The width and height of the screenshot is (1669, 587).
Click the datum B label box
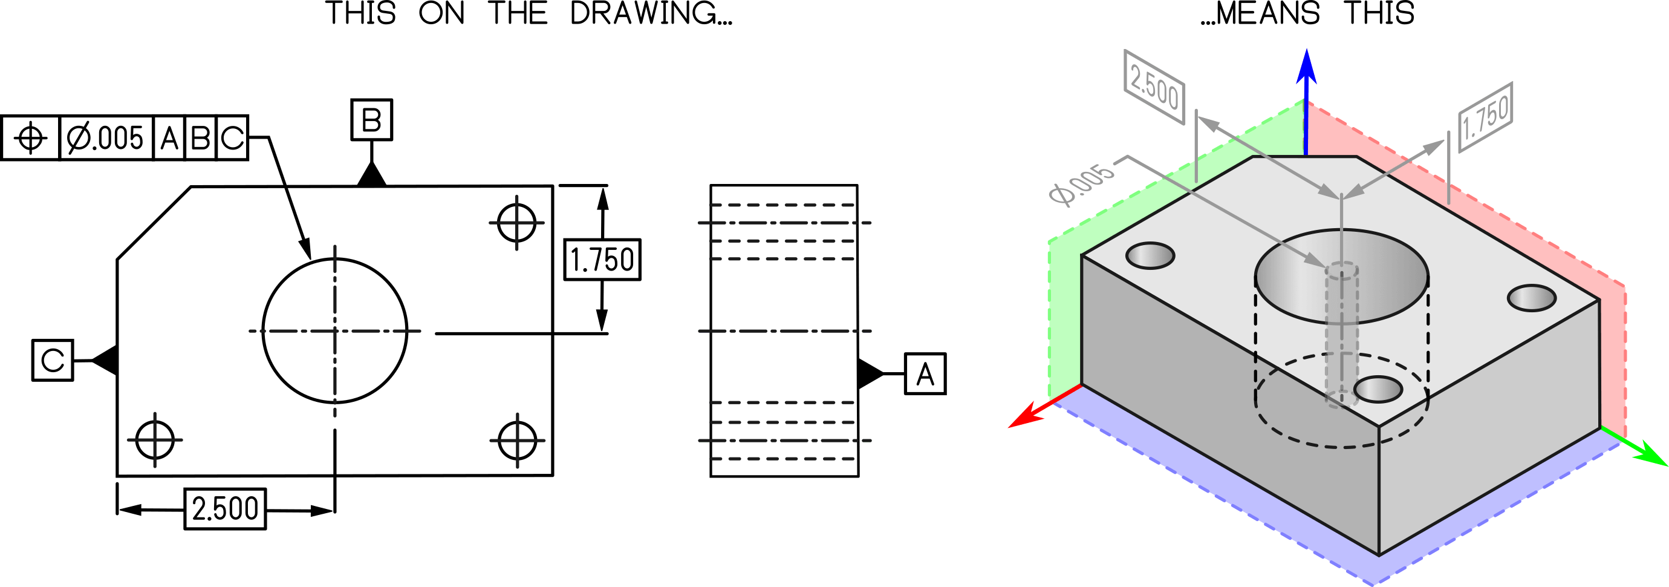(x=371, y=119)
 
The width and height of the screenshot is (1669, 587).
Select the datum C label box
(x=53, y=360)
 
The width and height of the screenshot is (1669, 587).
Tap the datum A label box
(x=925, y=373)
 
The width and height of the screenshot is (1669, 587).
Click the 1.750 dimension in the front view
(x=602, y=260)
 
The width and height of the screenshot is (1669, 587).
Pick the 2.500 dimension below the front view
(x=225, y=508)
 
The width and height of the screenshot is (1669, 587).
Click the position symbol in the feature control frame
(x=30, y=137)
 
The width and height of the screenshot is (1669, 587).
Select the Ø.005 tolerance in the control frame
(x=105, y=137)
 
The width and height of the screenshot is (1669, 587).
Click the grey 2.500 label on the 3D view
(x=1154, y=87)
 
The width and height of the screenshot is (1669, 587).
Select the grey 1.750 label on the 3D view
(x=1486, y=117)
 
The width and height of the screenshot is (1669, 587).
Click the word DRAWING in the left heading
(x=651, y=14)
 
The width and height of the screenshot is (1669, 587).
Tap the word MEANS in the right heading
(x=1267, y=14)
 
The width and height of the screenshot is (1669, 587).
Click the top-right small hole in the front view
(x=516, y=223)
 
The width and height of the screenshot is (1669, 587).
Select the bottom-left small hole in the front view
(x=155, y=440)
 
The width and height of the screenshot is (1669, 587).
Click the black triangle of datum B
(x=372, y=175)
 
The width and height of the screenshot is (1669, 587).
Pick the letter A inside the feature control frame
(x=169, y=138)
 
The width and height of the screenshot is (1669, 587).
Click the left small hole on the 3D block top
(x=1150, y=255)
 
